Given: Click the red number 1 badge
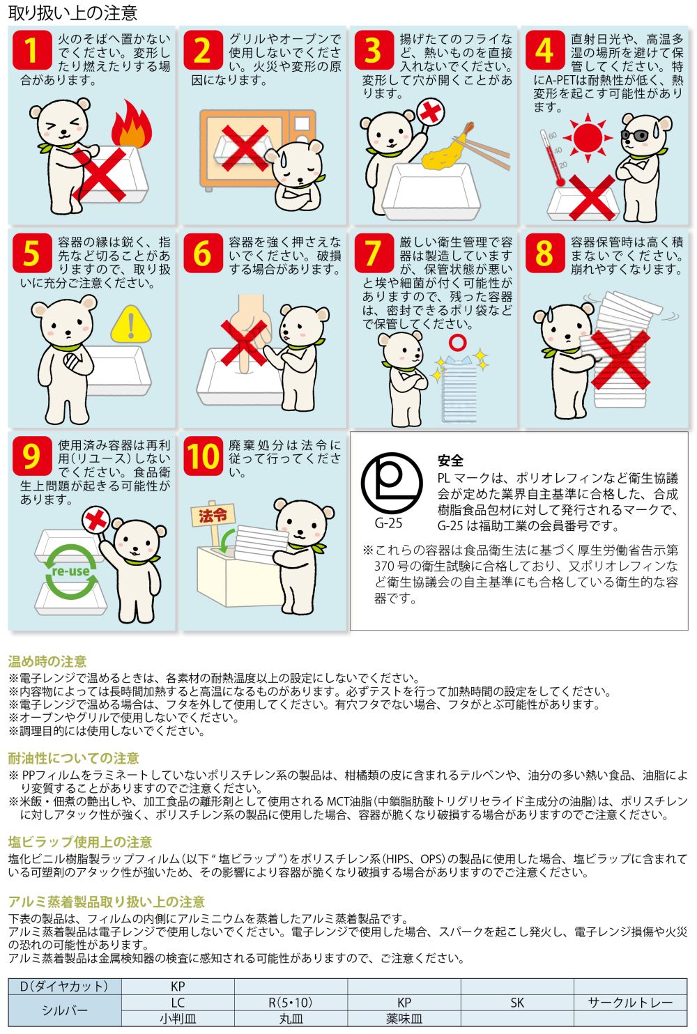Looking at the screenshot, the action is tap(32, 50).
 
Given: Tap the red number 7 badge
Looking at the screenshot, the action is tap(374, 253).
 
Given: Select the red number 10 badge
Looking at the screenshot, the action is tap(203, 456).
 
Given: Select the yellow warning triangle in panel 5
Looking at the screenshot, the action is tap(131, 324).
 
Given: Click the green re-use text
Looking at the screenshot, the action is tap(70, 571).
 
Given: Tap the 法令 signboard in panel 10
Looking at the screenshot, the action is tap(213, 515).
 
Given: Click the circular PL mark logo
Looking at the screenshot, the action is tap(392, 484).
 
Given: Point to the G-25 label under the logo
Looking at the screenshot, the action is tap(388, 523).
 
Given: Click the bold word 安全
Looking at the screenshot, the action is tap(450, 461).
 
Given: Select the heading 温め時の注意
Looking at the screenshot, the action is tap(47, 661).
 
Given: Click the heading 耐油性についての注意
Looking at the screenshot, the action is tap(73, 758).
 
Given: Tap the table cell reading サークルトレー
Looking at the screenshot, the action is tap(630, 1003).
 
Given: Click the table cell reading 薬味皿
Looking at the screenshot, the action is tap(404, 1019).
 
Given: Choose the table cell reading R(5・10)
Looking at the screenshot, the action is tap(291, 1003).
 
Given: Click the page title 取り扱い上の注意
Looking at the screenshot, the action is tap(73, 13).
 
